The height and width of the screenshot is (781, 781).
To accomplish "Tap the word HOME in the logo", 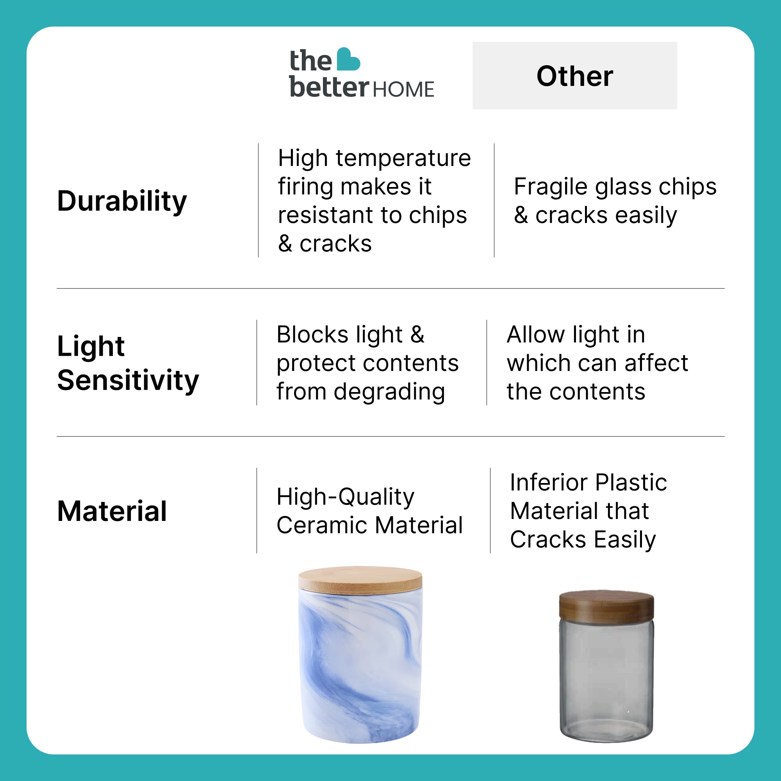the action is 403,89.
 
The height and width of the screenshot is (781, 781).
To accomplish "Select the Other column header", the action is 574,76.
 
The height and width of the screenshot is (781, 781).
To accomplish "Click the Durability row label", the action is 122,201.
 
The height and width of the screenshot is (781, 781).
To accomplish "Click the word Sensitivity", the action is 128,380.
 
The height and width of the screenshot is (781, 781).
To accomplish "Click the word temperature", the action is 403,158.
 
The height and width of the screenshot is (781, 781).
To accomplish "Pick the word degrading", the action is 389,392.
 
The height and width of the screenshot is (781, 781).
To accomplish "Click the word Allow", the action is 536,334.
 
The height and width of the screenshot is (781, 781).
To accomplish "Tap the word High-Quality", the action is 346,497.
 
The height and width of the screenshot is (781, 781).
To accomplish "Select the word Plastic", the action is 631,482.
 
